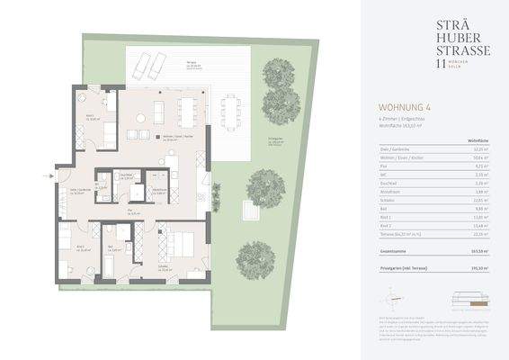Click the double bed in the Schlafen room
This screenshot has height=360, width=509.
(x=181, y=246)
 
